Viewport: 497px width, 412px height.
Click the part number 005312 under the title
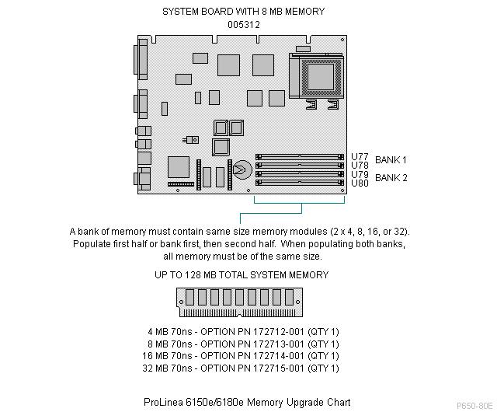[x=244, y=24]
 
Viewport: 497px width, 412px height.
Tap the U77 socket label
[x=360, y=156]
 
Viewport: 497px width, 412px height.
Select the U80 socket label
[x=360, y=183]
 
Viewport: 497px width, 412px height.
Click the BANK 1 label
[x=391, y=160]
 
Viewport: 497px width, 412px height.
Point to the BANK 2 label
[x=391, y=178]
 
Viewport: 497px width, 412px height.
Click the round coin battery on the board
[x=242, y=168]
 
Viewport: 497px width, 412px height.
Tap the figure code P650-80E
[x=474, y=406]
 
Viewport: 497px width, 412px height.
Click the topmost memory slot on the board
[x=300, y=156]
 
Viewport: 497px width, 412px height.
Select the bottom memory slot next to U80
[x=300, y=183]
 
